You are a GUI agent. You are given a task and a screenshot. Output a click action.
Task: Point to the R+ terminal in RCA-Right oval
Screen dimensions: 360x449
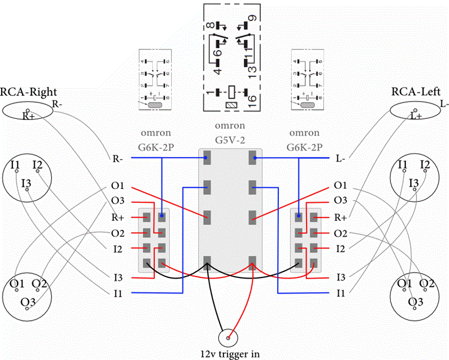tap(28, 116)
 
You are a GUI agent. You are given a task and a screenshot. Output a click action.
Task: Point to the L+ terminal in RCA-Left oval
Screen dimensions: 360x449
tap(416, 115)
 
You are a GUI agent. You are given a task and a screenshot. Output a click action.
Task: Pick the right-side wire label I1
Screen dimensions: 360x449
tap(340, 293)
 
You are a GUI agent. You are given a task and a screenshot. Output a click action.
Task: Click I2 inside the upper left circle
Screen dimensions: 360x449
tap(38, 165)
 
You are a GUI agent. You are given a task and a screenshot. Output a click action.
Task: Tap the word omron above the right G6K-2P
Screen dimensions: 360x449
tap(304, 134)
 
